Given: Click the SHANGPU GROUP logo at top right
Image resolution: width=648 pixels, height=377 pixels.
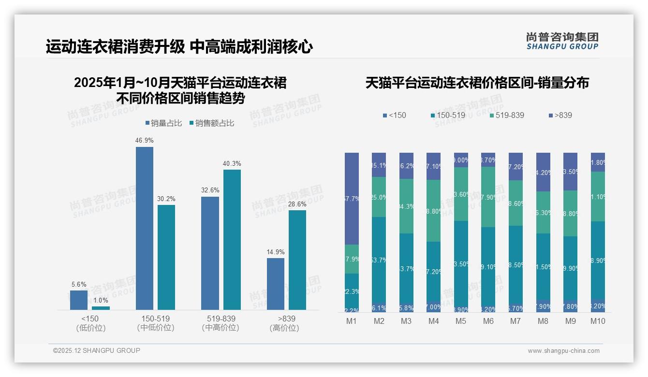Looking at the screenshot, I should (562, 41).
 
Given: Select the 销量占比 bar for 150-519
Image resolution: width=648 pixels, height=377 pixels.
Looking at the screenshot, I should (144, 228).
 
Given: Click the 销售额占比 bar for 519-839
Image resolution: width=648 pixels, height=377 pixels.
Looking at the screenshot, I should (232, 239).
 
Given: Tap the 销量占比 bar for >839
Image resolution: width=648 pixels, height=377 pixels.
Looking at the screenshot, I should (276, 284).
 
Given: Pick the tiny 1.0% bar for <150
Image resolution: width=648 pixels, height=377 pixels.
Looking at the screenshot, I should (101, 308).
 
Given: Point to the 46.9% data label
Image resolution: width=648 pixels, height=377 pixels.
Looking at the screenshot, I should (144, 140).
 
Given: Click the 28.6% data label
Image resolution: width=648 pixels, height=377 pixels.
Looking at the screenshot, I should (297, 204).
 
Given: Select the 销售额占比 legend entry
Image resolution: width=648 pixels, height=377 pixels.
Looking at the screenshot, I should (212, 123).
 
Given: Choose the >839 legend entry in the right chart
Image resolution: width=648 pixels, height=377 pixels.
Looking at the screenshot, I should (560, 116).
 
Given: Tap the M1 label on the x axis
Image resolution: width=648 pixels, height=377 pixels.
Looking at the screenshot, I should (352, 321).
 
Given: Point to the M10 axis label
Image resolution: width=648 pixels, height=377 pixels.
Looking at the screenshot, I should (598, 321).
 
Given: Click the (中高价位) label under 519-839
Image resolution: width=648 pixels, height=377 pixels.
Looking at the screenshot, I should (221, 328).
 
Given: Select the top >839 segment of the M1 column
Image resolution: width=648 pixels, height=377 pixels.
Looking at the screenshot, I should (352, 198).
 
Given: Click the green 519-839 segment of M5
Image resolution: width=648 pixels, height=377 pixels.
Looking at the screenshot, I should (461, 194).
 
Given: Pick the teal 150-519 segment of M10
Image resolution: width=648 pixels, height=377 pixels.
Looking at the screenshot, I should (598, 261).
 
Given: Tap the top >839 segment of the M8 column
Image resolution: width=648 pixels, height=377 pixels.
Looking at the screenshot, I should (544, 172).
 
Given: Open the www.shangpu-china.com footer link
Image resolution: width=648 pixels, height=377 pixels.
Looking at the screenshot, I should (563, 351).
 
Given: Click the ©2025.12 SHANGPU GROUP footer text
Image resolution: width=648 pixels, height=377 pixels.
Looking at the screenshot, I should (97, 351).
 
